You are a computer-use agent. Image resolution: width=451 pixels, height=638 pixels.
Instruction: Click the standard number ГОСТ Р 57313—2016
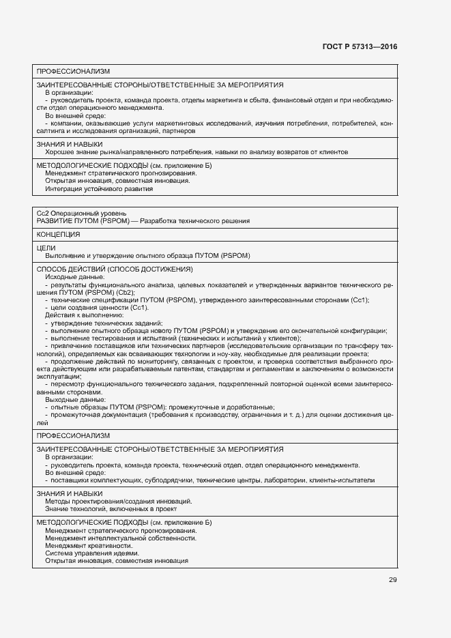tap(360, 46)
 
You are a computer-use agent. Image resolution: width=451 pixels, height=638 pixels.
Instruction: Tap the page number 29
tap(392, 580)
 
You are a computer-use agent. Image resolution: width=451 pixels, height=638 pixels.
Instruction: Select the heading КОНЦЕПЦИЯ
tap(59, 234)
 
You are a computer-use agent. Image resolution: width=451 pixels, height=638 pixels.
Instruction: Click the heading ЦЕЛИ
tap(46, 248)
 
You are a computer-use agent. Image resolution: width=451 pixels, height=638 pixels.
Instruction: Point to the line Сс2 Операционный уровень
tap(81, 214)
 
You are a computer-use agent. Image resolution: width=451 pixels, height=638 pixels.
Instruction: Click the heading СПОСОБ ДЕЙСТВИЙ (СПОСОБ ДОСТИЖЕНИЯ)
tap(115, 270)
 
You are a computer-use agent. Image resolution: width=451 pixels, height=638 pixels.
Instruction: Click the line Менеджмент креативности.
tap(89, 546)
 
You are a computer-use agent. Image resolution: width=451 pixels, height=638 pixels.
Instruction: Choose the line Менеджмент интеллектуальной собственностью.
tap(121, 538)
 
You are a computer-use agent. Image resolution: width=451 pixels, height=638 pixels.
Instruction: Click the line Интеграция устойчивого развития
tap(99, 189)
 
